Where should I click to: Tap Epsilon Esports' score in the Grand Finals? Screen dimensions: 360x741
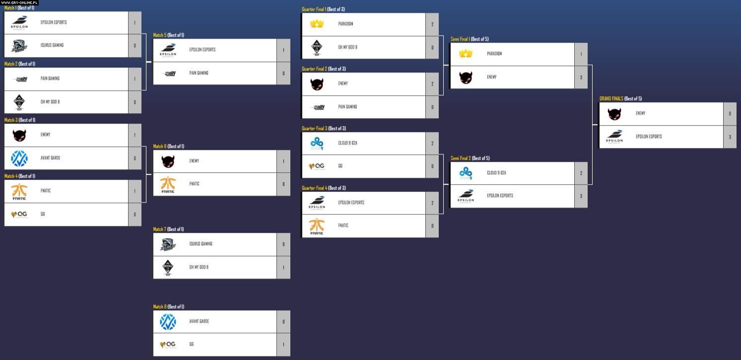click(730, 137)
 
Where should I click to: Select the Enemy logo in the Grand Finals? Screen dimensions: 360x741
click(614, 114)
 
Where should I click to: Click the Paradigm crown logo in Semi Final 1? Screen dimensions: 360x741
click(466, 54)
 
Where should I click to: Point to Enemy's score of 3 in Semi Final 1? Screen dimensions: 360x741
click(581, 77)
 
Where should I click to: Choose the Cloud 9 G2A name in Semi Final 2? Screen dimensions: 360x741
click(496, 173)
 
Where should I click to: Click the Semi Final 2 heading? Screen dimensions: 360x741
click(470, 158)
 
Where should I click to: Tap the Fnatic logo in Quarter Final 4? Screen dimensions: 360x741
click(317, 226)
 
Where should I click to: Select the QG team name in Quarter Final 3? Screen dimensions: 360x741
click(340, 166)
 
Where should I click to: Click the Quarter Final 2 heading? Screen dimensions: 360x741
click(324, 69)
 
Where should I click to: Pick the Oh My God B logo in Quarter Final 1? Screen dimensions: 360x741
click(317, 47)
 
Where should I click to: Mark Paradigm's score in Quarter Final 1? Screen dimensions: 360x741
click(432, 24)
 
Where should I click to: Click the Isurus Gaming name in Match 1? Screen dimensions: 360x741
click(52, 45)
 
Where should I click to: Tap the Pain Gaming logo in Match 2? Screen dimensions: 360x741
click(19, 79)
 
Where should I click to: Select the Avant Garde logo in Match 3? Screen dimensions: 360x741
click(19, 158)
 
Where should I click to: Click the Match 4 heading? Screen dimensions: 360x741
click(20, 176)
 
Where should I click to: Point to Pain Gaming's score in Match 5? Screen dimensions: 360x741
click(283, 73)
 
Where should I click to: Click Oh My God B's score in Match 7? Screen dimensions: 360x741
click(283, 268)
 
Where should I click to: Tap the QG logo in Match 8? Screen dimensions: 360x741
click(168, 345)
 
